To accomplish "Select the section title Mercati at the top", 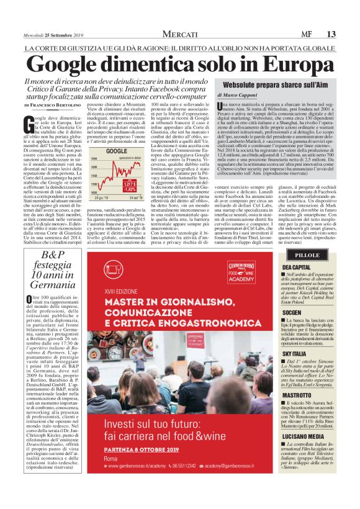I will pyautogui.click(x=180, y=34).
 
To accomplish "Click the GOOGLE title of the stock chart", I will pyautogui.click(x=116, y=151).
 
